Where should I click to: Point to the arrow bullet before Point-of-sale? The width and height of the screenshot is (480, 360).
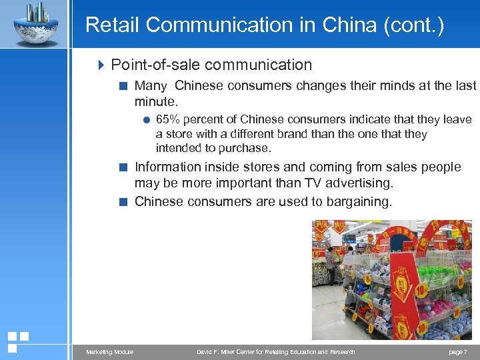click(x=102, y=65)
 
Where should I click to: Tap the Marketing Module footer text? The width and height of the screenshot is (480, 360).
click(x=109, y=352)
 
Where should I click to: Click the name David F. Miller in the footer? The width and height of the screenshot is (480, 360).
click(x=220, y=352)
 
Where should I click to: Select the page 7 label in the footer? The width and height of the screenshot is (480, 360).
click(x=458, y=352)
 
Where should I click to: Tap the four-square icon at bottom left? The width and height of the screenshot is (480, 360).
click(x=17, y=342)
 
